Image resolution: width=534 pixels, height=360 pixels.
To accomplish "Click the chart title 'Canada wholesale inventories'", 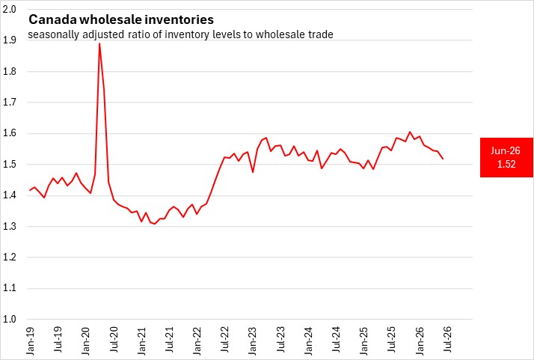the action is coord(121,19).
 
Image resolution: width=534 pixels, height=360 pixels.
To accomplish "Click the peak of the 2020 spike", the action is coord(99,43).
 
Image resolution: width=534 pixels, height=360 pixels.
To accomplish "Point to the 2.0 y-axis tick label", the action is coord(9,9).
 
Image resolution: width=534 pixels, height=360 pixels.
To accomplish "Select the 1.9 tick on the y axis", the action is coord(9,40).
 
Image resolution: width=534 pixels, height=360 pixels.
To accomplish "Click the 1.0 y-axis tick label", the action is coord(9,319).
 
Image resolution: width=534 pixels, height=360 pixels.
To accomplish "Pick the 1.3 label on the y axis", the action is coord(9,226).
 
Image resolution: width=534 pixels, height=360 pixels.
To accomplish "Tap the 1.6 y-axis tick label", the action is coord(9,133).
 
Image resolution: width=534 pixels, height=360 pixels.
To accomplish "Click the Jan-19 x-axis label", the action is coord(31,341).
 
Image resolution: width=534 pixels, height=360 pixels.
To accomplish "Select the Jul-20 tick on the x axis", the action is coord(114,340).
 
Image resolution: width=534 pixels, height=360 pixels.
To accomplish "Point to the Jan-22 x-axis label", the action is coord(197,341).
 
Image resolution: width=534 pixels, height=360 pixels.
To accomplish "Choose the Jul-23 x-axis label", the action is coord(281,340).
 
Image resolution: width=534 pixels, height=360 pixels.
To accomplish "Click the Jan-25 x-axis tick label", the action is coord(364,341).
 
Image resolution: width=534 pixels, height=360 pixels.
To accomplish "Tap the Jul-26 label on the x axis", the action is coord(448,340).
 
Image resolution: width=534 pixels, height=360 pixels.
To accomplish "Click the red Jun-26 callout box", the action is coord(506,157).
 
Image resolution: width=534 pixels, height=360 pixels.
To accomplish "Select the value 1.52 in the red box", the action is coord(506,164).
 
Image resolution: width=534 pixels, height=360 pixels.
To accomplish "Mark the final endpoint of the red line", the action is coord(443,159).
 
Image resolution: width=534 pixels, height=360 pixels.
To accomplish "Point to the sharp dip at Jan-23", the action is coord(253,172).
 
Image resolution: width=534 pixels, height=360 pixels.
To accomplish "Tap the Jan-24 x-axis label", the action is coord(309,341).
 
